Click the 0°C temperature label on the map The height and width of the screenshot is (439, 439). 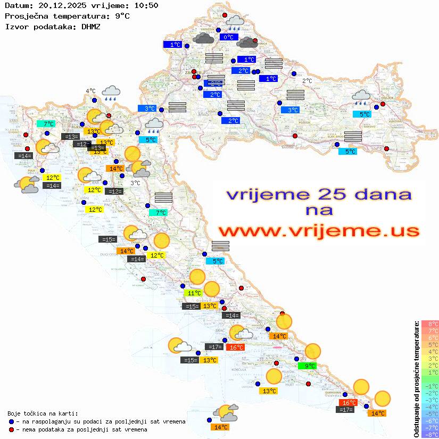(228, 37)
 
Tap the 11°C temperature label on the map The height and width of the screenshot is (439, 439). (193, 293)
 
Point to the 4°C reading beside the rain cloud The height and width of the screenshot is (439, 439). (90, 91)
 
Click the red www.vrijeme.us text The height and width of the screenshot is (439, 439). (318, 231)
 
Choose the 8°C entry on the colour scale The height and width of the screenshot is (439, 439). (430, 324)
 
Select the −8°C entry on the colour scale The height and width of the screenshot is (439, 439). (430, 434)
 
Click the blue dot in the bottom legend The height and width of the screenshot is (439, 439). (12, 421)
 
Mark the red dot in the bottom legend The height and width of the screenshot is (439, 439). (12, 429)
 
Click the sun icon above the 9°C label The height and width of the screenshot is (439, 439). (312, 351)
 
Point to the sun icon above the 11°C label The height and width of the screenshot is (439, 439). (197, 277)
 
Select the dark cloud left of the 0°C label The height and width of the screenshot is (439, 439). (204, 38)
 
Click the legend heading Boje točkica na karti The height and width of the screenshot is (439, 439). (43, 413)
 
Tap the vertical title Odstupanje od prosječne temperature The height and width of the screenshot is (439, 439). (417, 379)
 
